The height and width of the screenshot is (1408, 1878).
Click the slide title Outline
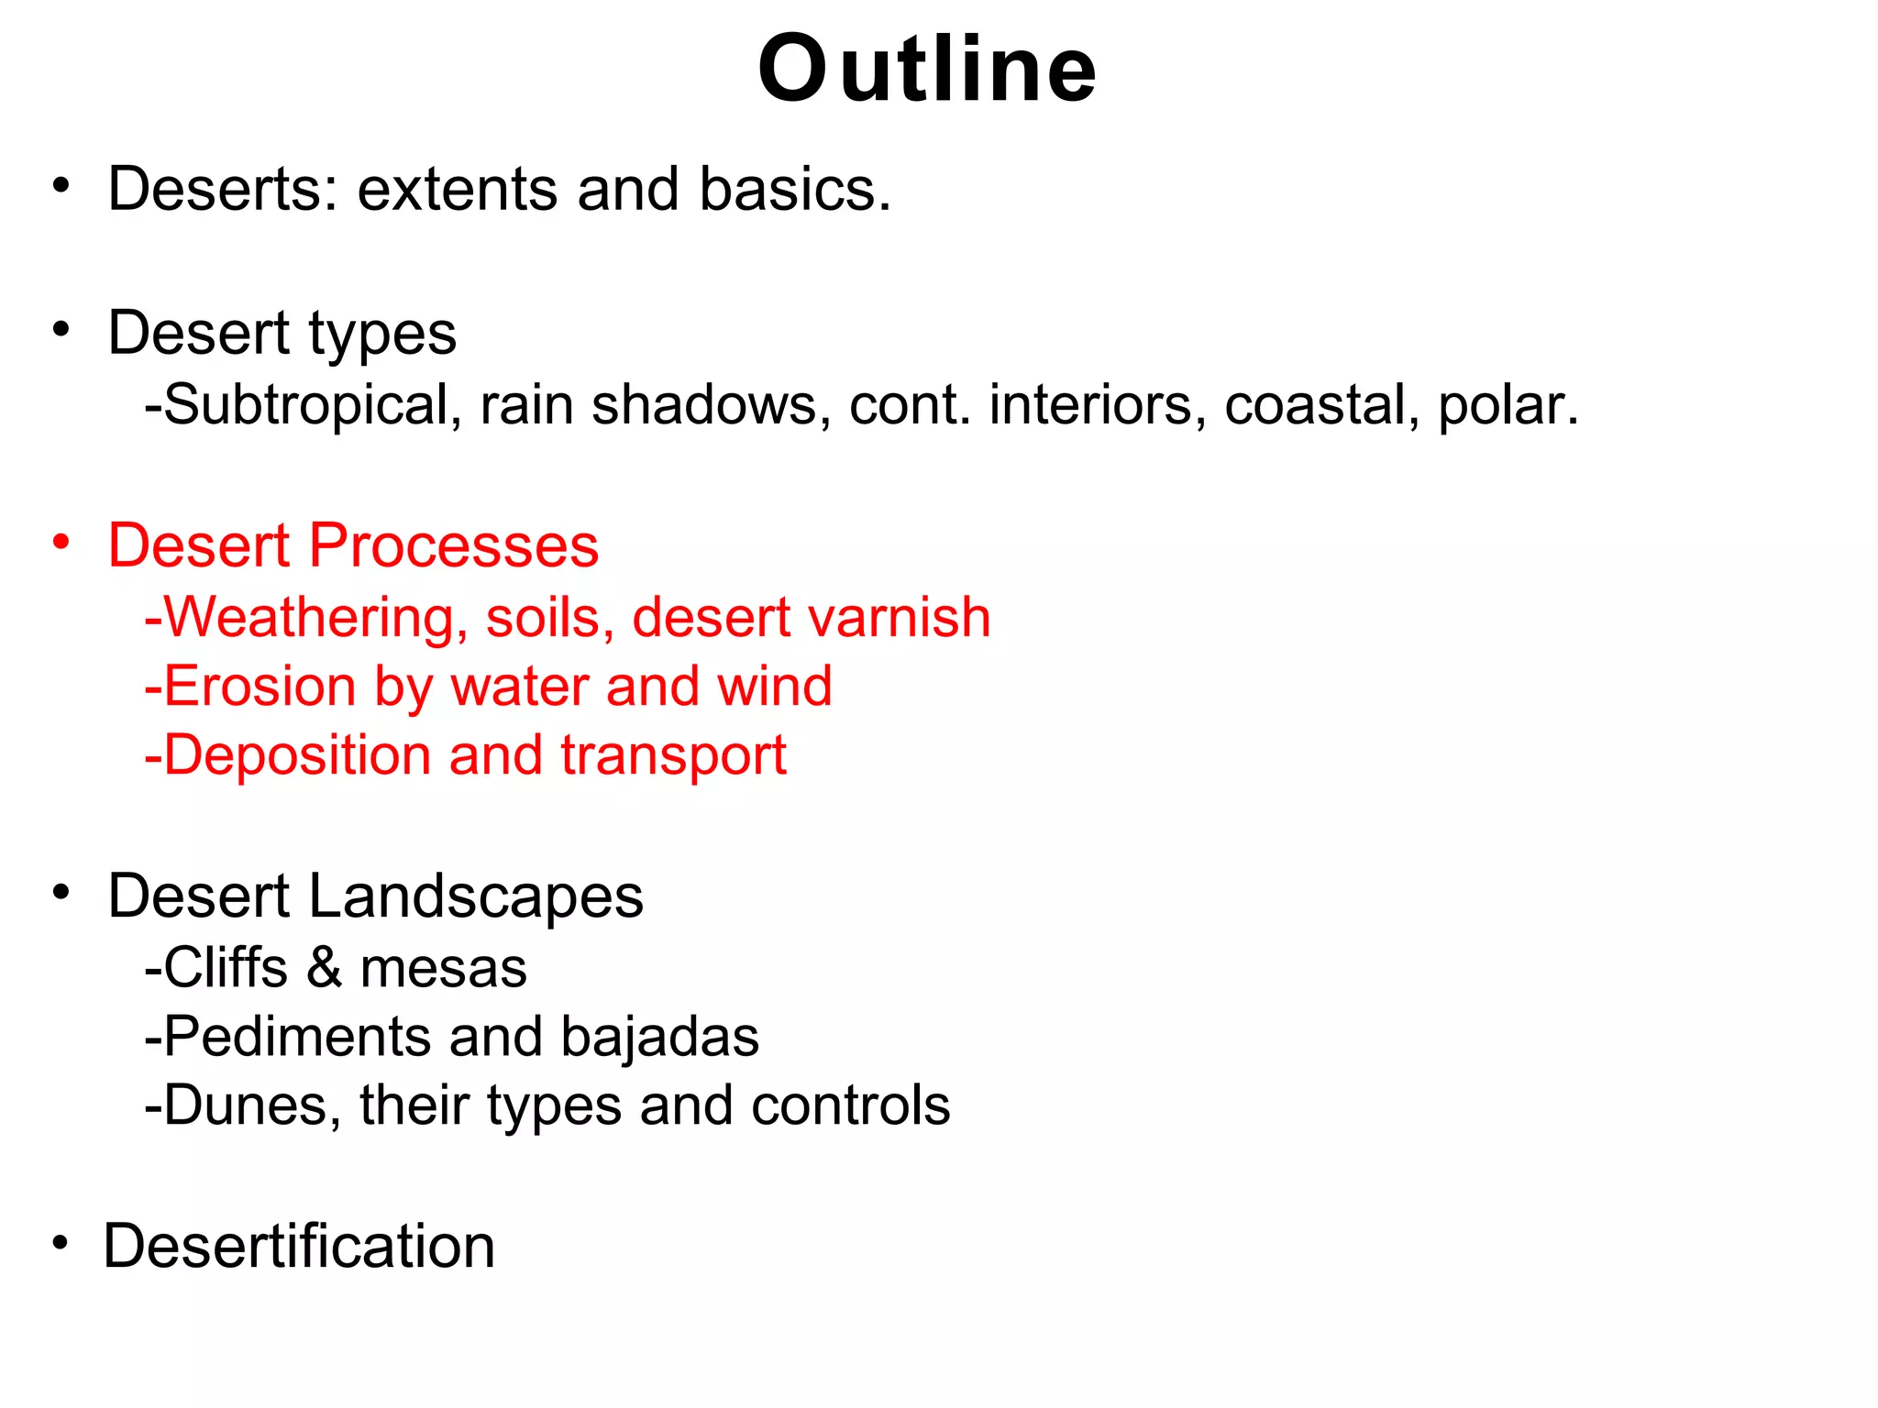click(927, 70)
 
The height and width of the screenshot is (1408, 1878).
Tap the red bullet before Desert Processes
click(61, 542)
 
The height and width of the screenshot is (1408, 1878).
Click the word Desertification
click(299, 1247)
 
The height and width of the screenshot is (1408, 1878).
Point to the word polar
click(1507, 405)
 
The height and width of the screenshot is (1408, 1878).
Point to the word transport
click(673, 757)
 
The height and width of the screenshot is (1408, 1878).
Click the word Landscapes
click(476, 896)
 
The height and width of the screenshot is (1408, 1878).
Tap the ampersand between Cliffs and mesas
click(324, 968)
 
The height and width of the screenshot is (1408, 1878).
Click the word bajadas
click(659, 1037)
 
